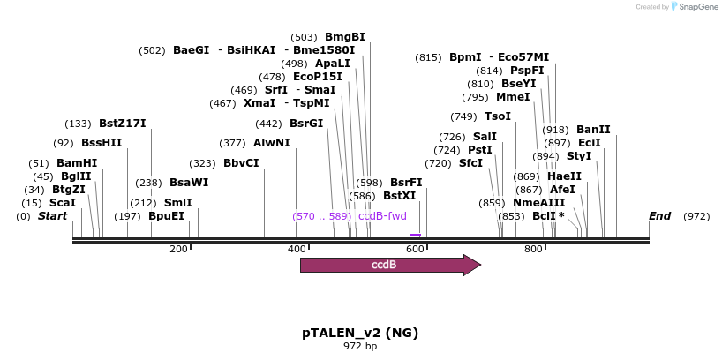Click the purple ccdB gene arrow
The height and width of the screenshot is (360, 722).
[389, 265]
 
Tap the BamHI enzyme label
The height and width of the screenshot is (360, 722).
[77, 163]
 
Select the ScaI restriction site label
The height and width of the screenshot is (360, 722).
[63, 203]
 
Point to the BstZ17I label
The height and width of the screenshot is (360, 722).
[123, 124]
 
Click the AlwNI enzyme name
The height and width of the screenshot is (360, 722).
[271, 143]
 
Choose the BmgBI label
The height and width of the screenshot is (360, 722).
[345, 37]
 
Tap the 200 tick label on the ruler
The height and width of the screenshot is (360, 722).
[178, 250]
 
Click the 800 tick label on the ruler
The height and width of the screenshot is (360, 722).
[533, 250]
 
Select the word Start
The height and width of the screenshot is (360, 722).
[52, 216]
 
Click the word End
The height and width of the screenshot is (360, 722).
[659, 216]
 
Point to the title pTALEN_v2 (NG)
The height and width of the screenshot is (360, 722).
[360, 333]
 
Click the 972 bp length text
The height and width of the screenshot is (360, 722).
[360, 347]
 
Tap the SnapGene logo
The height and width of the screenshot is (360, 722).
[695, 7]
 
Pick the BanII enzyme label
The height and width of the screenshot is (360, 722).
[593, 130]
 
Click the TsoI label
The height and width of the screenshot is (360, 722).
[498, 116]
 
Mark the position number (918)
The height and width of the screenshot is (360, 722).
[556, 130]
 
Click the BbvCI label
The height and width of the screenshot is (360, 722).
[241, 163]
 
